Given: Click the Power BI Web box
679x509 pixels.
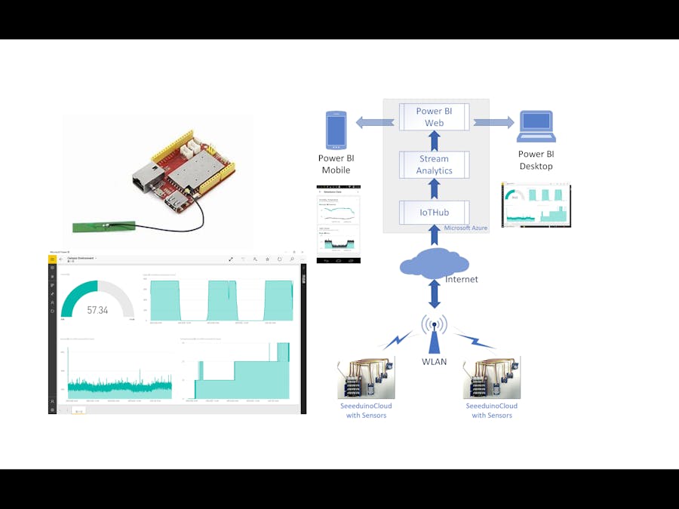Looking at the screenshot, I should click(435, 117).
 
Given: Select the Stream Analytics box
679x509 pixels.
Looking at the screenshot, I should click(435, 164).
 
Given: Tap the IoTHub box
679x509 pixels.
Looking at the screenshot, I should click(435, 213).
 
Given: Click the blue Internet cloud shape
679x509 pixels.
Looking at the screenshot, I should click(434, 265).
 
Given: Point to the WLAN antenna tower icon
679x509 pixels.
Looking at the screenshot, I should click(434, 336).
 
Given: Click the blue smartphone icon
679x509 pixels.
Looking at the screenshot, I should click(336, 130).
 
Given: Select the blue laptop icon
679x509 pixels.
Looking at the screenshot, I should click(536, 127).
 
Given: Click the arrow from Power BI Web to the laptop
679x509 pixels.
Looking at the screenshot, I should click(493, 122).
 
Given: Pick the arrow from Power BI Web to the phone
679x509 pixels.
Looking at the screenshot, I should click(375, 122).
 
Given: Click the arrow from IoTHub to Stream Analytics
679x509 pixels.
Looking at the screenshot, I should click(435, 189).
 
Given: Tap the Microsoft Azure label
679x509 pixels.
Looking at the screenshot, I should click(465, 228).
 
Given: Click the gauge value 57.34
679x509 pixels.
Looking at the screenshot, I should click(97, 310).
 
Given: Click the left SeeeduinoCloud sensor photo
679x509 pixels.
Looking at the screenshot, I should click(366, 377).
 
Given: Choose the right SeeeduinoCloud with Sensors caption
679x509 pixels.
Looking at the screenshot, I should click(492, 410).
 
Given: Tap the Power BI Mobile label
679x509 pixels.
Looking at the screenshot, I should click(336, 164).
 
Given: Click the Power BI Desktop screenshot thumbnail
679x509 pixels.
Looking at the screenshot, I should click(536, 204).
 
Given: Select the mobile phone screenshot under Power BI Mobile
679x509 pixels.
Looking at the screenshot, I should click(338, 224).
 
